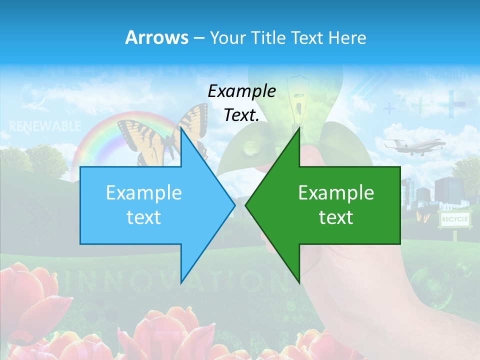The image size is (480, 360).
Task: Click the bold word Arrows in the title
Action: point(156,37)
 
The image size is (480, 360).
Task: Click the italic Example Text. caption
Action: point(241,103)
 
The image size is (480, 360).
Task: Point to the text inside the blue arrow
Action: point(143,205)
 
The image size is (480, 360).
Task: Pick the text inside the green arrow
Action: point(336,205)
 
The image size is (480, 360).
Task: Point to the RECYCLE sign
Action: point(454,219)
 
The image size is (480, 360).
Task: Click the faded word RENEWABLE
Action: point(45,126)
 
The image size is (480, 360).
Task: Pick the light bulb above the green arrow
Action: point(300,100)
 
